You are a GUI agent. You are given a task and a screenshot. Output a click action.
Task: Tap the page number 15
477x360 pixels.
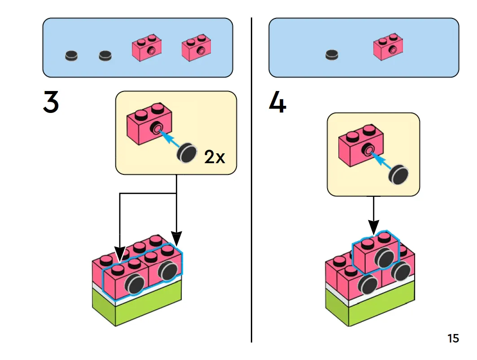click(453, 338)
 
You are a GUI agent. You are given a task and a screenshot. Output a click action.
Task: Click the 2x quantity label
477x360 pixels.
click(214, 157)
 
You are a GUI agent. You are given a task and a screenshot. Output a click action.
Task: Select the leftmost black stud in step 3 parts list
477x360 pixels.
click(71, 56)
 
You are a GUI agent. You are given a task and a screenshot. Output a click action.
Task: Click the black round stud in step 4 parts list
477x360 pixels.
click(332, 55)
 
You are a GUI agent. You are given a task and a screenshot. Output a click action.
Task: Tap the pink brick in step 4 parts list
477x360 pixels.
click(389, 47)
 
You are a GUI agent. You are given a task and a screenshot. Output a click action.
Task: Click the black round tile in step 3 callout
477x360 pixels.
click(187, 153)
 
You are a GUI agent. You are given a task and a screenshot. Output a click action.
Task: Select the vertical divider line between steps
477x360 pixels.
click(251, 179)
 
